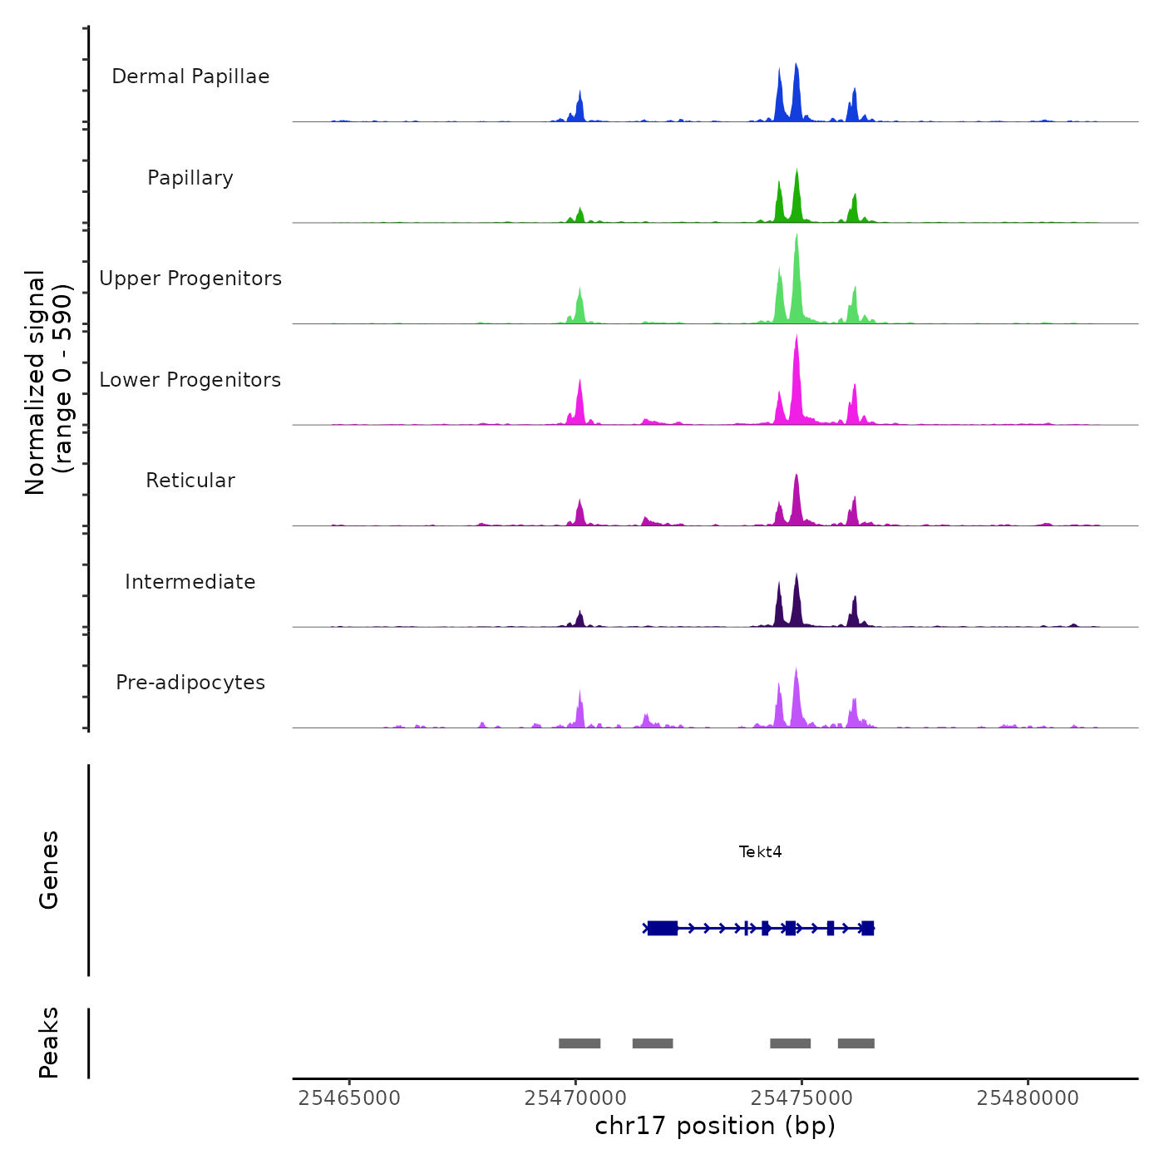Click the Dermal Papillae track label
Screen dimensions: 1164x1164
click(x=190, y=76)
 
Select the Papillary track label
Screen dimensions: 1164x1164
click(x=190, y=178)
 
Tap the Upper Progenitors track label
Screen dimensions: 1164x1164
click(x=190, y=279)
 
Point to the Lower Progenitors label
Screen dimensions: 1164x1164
click(x=190, y=380)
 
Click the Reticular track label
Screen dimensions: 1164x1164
click(x=190, y=481)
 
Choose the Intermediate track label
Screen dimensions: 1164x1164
click(x=190, y=582)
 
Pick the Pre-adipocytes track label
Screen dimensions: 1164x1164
click(x=190, y=683)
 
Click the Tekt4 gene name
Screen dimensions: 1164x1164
click(x=760, y=852)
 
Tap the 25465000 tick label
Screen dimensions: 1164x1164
click(x=349, y=1098)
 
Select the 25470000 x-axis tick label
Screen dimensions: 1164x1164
click(x=575, y=1098)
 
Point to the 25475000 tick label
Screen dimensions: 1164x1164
click(x=801, y=1098)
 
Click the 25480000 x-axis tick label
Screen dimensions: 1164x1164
click(x=1028, y=1098)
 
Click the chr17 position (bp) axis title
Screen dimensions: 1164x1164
click(x=715, y=1126)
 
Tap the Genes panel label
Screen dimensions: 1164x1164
click(x=49, y=870)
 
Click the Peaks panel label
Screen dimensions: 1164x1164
click(x=49, y=1043)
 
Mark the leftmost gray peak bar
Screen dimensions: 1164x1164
click(x=580, y=1043)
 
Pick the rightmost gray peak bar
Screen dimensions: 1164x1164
click(x=856, y=1043)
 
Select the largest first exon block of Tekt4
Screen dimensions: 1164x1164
click(x=663, y=928)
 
